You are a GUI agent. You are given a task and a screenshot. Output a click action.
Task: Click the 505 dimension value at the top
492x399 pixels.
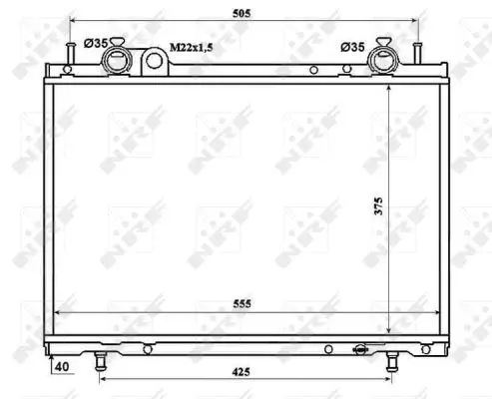(242, 13)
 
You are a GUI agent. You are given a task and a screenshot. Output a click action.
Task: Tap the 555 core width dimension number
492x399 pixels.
(243, 303)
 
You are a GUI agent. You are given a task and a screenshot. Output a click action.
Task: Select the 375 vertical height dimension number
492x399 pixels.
(378, 206)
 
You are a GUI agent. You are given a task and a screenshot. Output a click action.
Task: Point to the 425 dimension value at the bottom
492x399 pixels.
(242, 372)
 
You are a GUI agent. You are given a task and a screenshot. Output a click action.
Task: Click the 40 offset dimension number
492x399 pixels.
(62, 367)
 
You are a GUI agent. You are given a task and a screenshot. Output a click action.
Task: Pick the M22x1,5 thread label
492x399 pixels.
(192, 48)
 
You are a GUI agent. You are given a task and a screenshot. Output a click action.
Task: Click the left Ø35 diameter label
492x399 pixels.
(96, 43)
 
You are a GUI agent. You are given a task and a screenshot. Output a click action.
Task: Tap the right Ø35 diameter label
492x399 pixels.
(352, 47)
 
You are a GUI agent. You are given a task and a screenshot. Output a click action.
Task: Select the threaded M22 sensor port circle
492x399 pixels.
(155, 61)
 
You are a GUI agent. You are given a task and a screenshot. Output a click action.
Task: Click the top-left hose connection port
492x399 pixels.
(117, 60)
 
